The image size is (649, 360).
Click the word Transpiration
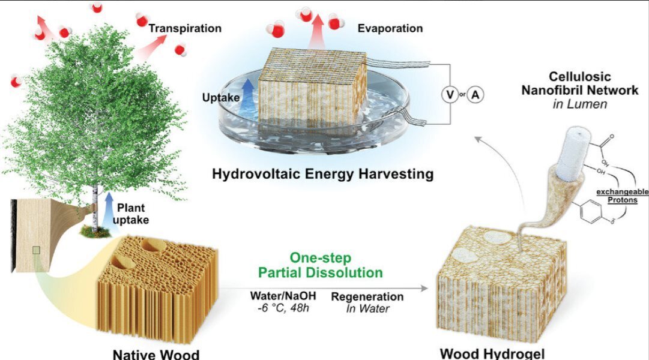click(x=185, y=28)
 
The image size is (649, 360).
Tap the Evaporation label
click(x=390, y=28)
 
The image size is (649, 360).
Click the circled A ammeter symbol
click(x=475, y=95)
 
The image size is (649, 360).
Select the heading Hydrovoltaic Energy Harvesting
click(x=322, y=175)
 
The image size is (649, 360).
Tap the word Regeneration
click(x=367, y=296)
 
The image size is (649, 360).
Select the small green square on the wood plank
click(x=37, y=250)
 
